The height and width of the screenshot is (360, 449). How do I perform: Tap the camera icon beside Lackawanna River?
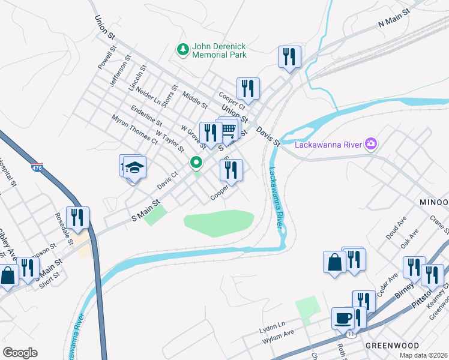(x=372, y=143)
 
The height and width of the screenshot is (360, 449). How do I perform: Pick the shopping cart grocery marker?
(x=228, y=128)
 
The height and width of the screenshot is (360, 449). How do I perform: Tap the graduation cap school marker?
(x=135, y=167)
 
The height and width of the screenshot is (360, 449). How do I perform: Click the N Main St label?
(x=393, y=18)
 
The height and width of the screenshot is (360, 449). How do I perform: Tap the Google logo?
(x=20, y=352)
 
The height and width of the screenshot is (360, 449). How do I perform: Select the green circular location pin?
(x=196, y=162)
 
